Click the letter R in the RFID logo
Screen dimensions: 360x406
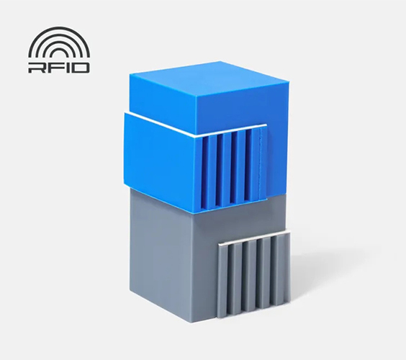(35, 68)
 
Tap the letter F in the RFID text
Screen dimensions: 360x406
(50, 68)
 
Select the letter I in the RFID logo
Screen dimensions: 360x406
(63, 68)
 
